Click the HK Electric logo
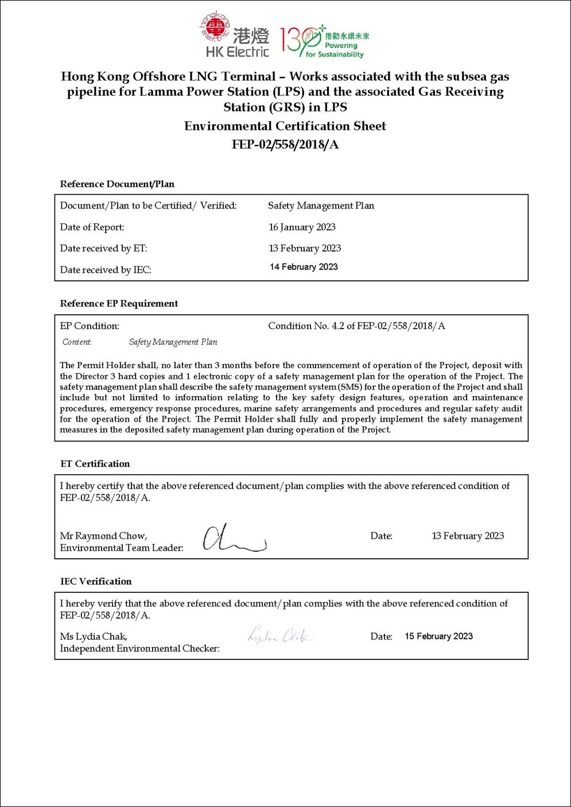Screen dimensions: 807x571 235,36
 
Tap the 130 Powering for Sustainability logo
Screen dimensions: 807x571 324,41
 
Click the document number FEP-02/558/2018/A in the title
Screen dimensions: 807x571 285,145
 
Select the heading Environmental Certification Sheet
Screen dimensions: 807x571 285,126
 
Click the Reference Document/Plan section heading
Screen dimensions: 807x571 117,184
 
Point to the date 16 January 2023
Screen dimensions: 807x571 302,227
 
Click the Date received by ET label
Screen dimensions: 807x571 103,248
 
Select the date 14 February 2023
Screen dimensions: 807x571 304,267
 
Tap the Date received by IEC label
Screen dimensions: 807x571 106,269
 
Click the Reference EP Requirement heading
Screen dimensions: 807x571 119,304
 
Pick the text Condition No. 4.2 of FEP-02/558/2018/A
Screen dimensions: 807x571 356,326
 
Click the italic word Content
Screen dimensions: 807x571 77,342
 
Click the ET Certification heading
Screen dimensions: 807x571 95,464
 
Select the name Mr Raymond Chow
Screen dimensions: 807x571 103,536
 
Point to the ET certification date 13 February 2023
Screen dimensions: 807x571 468,536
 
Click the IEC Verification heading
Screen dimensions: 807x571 96,581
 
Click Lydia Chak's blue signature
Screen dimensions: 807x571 280,635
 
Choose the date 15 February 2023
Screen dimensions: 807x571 438,636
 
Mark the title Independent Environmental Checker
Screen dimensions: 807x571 139,648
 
